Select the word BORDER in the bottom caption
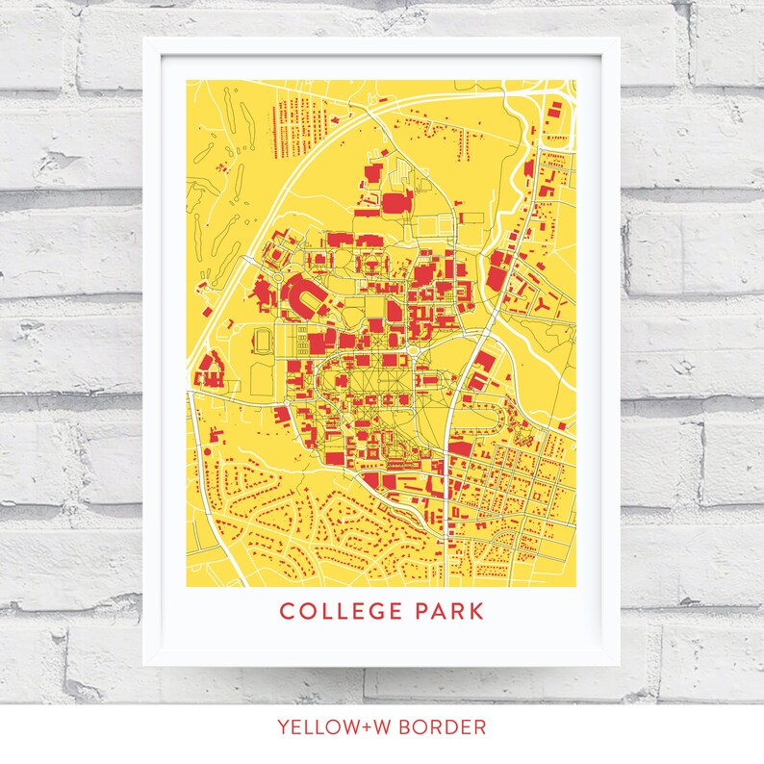point(445,726)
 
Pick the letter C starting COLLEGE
point(286,611)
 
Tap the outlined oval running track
point(262,340)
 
